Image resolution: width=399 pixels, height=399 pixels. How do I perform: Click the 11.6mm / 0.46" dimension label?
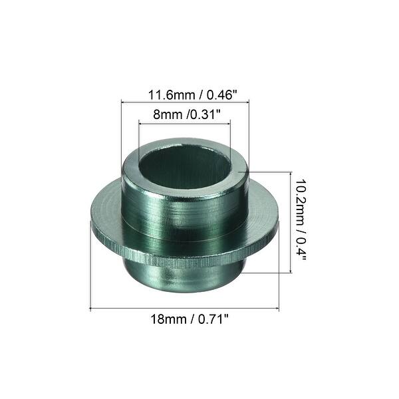tap(184, 94)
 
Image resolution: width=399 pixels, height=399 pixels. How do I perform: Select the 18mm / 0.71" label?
tap(186, 319)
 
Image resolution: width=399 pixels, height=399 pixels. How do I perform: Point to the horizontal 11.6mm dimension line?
tap(184, 101)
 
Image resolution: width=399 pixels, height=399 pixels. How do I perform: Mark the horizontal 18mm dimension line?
tap(184, 308)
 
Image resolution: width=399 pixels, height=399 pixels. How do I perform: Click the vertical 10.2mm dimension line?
tap(291, 221)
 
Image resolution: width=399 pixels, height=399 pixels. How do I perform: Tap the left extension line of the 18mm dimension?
tap(90, 279)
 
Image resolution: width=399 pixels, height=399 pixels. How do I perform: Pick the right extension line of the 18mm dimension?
tap(279, 279)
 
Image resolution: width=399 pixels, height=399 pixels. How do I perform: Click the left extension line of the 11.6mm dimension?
tap(120, 133)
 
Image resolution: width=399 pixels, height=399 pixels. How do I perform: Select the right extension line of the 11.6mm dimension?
tap(248, 133)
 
